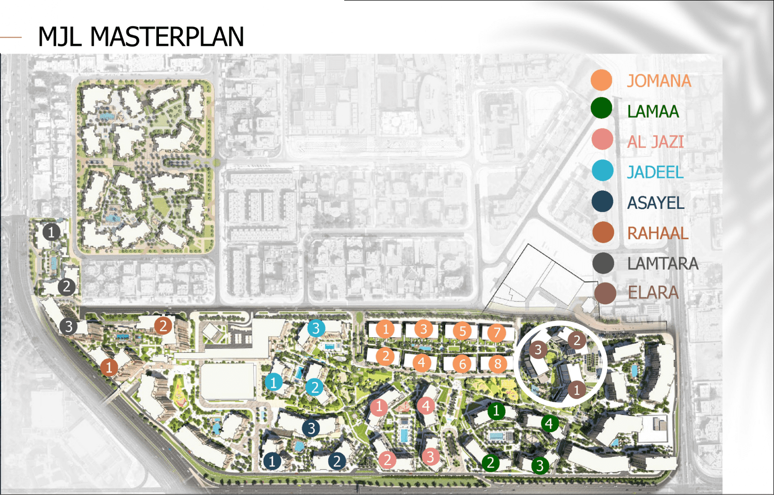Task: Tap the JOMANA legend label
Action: click(x=659, y=81)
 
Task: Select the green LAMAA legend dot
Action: click(x=602, y=109)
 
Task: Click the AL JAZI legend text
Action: click(x=655, y=142)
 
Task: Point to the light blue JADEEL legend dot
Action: click(x=602, y=171)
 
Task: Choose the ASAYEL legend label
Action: click(x=656, y=203)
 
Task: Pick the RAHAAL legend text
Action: click(x=657, y=234)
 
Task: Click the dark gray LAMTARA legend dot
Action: click(x=603, y=263)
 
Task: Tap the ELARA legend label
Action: click(x=653, y=293)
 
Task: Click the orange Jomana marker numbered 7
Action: click(x=496, y=333)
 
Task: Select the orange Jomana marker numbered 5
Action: click(x=462, y=331)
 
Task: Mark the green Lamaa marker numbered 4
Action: click(x=549, y=424)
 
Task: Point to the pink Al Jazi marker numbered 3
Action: click(x=430, y=456)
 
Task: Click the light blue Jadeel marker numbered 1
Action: click(x=273, y=382)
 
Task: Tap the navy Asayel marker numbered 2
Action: click(x=337, y=461)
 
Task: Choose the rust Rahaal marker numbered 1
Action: click(x=108, y=368)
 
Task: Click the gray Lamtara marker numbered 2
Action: click(x=66, y=287)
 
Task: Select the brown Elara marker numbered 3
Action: click(x=538, y=350)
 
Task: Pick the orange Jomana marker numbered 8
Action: click(x=497, y=364)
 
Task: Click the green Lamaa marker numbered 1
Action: click(x=496, y=411)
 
